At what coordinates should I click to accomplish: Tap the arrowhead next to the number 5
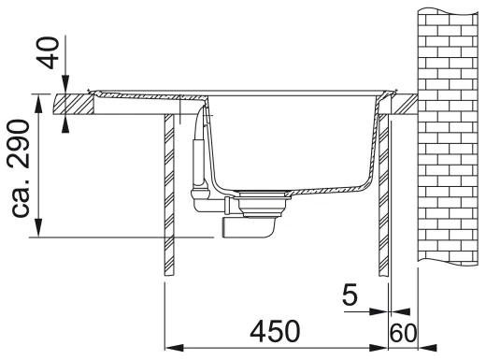[x=384, y=312]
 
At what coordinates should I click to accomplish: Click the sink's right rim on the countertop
[x=383, y=94]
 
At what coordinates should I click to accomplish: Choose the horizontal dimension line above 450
[x=277, y=347]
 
